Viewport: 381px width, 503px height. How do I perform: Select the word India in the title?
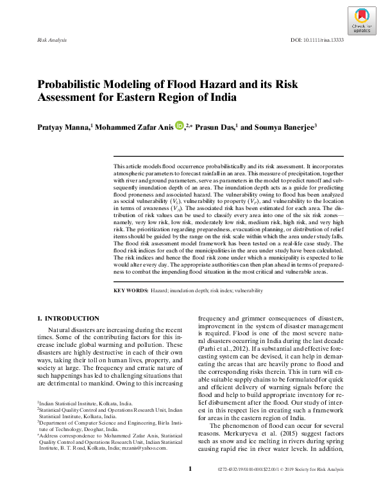[222, 98]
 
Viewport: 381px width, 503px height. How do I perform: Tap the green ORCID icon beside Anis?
[179, 126]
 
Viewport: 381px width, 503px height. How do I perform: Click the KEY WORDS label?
[131, 291]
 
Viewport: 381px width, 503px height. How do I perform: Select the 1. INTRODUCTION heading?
[68, 318]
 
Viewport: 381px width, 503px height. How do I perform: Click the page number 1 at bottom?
[190, 487]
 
